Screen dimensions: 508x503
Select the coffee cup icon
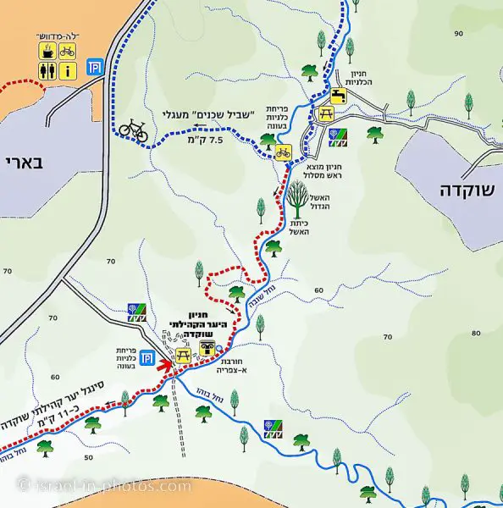tap(49, 52)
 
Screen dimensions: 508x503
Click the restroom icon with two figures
tap(49, 71)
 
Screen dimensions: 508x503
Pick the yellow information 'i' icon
tap(68, 71)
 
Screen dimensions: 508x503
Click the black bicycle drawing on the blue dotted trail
tap(133, 129)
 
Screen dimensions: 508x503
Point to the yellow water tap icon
tap(340, 97)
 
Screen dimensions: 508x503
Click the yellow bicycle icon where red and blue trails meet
tap(283, 152)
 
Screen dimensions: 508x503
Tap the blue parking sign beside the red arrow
tap(146, 357)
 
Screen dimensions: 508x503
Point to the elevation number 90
tap(459, 33)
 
